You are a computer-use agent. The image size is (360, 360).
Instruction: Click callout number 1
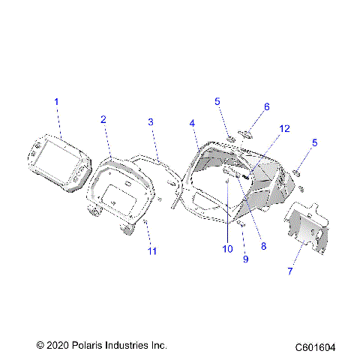55,101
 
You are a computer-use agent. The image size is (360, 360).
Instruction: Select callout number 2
103,119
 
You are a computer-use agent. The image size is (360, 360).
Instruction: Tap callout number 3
151,121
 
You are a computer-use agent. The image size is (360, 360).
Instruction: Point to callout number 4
193,123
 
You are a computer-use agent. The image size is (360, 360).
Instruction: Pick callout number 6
266,107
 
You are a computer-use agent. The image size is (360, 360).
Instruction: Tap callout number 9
244,259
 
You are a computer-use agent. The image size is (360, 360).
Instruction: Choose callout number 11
152,250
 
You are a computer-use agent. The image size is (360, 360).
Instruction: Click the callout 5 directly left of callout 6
217,100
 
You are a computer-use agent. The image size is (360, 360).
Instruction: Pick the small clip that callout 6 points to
245,135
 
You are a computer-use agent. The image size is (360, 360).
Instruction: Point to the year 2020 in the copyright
58,345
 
